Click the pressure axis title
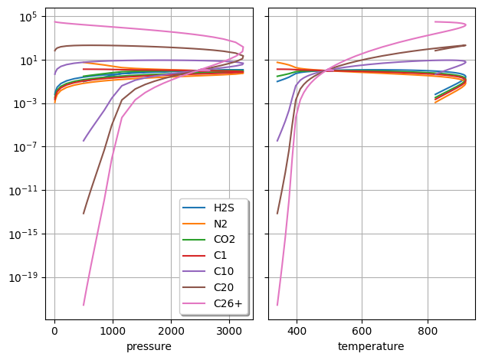click(149, 347)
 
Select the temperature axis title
click(371, 347)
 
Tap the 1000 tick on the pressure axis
click(113, 332)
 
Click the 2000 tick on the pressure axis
click(171, 332)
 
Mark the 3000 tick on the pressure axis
click(230, 332)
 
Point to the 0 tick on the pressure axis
click(54, 332)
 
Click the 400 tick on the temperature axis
click(297, 332)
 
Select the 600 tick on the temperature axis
click(362, 332)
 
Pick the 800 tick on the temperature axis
click(428, 332)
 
